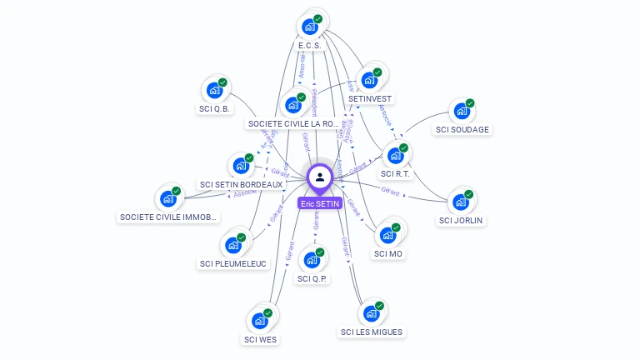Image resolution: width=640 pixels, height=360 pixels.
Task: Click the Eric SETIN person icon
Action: (x=320, y=177)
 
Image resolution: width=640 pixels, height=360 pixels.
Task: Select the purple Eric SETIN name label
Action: (x=320, y=202)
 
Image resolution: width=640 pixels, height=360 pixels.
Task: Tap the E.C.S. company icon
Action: (x=310, y=26)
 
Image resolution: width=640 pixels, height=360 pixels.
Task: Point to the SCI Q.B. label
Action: (x=215, y=108)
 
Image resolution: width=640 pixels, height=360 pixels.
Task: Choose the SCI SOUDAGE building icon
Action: (x=462, y=111)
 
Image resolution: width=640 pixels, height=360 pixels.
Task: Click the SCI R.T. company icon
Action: (x=395, y=155)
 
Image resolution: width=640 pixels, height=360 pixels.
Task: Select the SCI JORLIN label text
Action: (x=462, y=221)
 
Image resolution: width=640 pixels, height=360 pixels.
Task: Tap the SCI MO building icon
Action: (x=387, y=235)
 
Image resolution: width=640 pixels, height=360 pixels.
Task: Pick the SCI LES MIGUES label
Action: (x=372, y=332)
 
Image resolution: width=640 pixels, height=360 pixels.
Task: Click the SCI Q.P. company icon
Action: (x=312, y=260)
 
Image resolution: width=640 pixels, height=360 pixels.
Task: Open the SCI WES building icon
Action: (x=260, y=321)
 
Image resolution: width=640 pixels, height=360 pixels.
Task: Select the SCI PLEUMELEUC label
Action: (x=233, y=263)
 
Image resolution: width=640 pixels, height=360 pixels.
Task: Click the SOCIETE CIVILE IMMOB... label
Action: (x=168, y=217)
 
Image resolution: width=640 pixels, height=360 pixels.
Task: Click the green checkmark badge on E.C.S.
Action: (x=318, y=18)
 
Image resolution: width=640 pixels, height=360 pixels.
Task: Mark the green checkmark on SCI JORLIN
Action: (x=468, y=194)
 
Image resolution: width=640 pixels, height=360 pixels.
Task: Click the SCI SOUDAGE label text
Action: (x=462, y=129)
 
